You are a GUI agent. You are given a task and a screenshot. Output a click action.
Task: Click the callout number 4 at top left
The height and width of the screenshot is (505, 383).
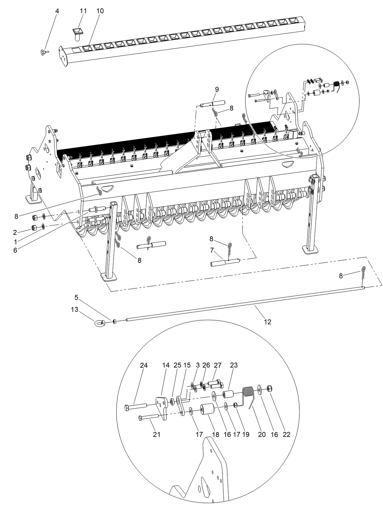coord(57,11)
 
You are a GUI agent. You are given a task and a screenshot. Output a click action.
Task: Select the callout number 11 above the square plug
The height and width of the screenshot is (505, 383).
coord(83,11)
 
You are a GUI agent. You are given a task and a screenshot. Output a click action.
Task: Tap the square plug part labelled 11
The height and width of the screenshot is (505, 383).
coord(78,33)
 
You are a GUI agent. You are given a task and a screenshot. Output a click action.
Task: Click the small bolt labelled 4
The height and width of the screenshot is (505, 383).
coord(43,52)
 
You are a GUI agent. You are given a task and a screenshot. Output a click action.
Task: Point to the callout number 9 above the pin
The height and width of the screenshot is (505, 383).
coord(217,89)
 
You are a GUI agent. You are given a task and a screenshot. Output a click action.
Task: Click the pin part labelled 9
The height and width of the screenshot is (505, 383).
coord(212,104)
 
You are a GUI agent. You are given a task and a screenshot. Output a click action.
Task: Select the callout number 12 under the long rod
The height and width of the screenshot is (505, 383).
coord(267,322)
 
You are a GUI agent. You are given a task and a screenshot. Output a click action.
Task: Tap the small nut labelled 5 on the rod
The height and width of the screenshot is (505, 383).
coord(115,321)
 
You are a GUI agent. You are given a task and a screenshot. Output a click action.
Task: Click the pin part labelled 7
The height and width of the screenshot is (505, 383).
coord(225,263)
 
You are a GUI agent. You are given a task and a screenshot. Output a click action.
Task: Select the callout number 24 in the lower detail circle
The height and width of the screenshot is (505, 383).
coord(144,365)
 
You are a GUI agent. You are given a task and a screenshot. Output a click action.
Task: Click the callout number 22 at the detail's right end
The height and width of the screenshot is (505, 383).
coord(286,434)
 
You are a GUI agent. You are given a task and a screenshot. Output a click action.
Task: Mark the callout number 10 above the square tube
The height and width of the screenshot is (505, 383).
coord(100,11)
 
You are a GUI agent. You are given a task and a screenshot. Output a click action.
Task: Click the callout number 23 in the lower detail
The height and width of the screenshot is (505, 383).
coord(234,365)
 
